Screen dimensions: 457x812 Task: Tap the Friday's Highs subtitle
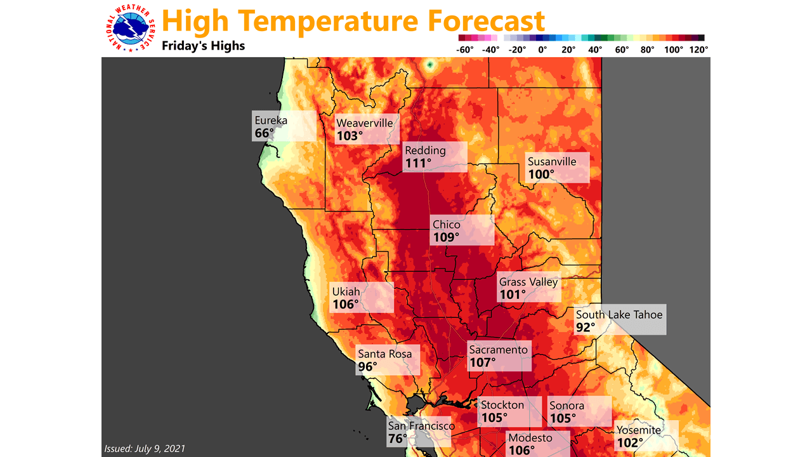tap(203, 46)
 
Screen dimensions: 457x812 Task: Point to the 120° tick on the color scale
tap(698, 50)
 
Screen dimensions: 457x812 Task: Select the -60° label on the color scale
tap(466, 50)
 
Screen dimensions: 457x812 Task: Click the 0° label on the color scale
tap(542, 50)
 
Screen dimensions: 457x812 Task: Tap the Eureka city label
tap(271, 120)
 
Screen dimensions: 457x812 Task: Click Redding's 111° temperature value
tap(418, 163)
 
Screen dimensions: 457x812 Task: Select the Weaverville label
tap(365, 123)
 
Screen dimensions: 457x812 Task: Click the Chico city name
tap(447, 224)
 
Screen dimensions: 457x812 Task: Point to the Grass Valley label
tap(528, 282)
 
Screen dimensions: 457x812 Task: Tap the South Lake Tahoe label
tap(619, 315)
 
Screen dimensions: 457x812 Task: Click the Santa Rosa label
tap(384, 354)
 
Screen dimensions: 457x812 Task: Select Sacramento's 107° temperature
tap(482, 363)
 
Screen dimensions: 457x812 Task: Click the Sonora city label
tap(566, 406)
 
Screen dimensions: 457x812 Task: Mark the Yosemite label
tap(639, 430)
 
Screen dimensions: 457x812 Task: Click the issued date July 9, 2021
tap(145, 449)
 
